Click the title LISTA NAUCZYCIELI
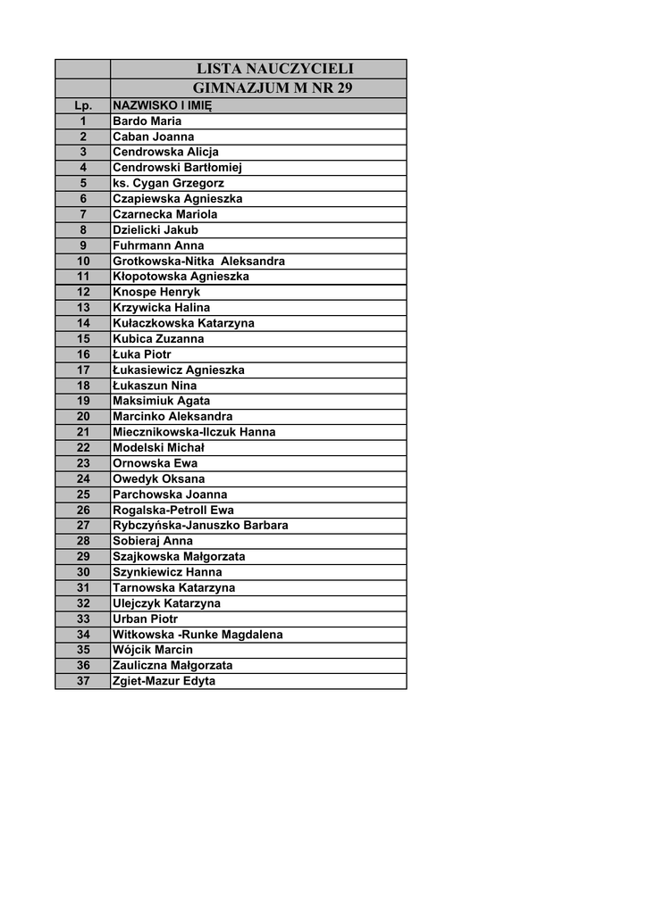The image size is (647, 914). pos(274,69)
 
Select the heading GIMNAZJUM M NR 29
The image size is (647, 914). pos(273,88)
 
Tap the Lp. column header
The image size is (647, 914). pos(83,105)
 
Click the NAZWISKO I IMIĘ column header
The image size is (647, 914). pos(162,105)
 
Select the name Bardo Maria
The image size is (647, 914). pos(147,120)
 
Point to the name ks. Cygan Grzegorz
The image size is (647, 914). pos(168,183)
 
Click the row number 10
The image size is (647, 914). pos(83,261)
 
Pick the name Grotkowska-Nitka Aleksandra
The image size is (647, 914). pos(198,261)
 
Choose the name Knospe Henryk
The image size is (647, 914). pos(156,292)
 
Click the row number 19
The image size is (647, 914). pos(83,401)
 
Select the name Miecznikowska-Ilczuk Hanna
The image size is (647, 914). pos(194,432)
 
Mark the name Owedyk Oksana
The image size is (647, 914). pos(158,478)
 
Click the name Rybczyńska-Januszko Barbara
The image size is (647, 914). pos(200,525)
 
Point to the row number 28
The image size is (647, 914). pos(83,541)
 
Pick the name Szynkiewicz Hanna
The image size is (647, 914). pos(167,572)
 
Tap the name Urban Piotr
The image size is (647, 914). pos(145,619)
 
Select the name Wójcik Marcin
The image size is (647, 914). pos(152,650)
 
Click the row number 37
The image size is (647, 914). pos(83,681)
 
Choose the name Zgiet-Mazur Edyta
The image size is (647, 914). pos(164,681)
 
